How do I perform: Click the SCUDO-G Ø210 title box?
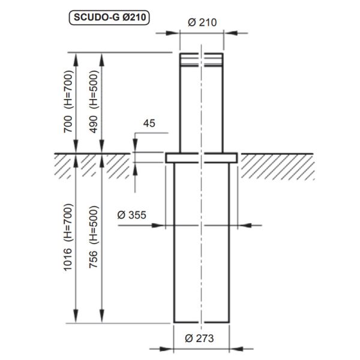pyautogui.click(x=109, y=18)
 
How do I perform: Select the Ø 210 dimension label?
pyautogui.click(x=202, y=22)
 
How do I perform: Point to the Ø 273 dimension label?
pyautogui.click(x=202, y=338)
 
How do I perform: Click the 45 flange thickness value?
pyautogui.click(x=150, y=124)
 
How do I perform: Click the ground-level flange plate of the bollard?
pyautogui.click(x=202, y=158)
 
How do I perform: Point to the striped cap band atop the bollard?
pyautogui.click(x=202, y=58)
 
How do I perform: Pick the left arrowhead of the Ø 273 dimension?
pyautogui.click(x=170, y=348)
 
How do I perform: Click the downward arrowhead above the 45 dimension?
pyautogui.click(x=136, y=149)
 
